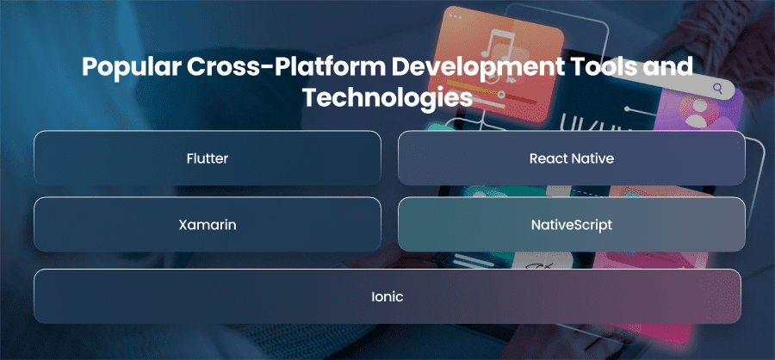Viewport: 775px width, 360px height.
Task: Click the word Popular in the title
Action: click(130, 67)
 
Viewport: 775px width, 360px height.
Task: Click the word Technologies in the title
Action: click(387, 97)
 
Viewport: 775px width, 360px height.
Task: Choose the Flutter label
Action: click(208, 158)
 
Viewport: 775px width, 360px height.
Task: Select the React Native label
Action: click(572, 158)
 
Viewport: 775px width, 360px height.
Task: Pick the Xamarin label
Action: click(208, 225)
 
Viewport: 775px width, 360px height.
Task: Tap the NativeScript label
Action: click(572, 225)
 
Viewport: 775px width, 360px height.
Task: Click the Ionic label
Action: click(387, 297)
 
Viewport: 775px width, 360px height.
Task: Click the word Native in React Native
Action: click(592, 158)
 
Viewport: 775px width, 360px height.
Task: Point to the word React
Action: click(549, 158)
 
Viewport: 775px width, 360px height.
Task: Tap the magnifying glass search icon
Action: click(717, 89)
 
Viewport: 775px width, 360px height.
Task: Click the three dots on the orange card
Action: click(455, 17)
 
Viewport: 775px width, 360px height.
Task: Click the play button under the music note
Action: click(511, 79)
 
